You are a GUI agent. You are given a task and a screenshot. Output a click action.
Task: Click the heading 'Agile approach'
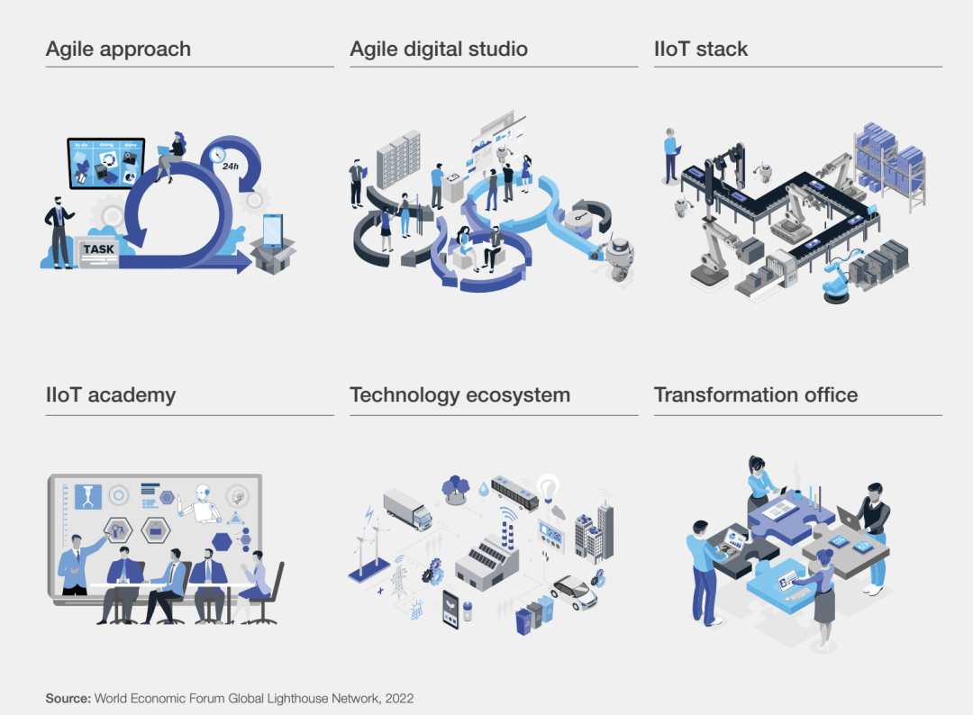point(118,49)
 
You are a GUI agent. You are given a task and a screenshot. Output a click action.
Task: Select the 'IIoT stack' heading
point(701,49)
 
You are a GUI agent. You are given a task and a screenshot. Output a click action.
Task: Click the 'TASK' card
point(98,249)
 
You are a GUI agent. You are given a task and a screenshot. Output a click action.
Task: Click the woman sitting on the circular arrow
point(171,155)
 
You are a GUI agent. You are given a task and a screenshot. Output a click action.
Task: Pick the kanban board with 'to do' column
point(106,163)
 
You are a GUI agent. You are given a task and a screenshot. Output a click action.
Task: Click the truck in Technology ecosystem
point(407,509)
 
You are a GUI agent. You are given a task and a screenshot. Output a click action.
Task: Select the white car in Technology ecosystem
point(574,592)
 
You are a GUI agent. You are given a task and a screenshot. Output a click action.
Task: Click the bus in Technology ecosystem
point(514,491)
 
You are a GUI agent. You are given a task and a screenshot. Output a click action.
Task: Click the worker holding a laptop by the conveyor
point(671,154)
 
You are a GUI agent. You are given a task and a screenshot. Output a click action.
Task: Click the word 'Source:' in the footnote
point(68,698)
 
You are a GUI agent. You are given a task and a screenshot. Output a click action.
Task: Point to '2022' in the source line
point(399,698)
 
